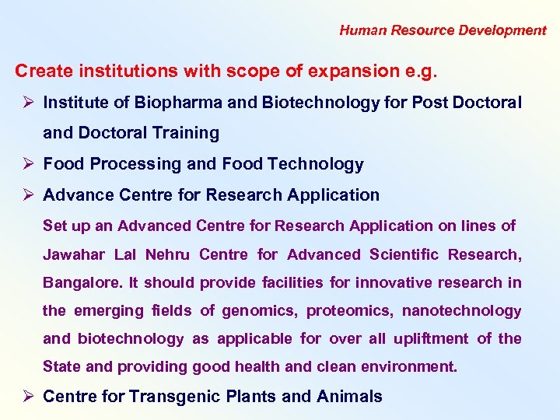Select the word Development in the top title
502,30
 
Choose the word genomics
259,310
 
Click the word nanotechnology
461,310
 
